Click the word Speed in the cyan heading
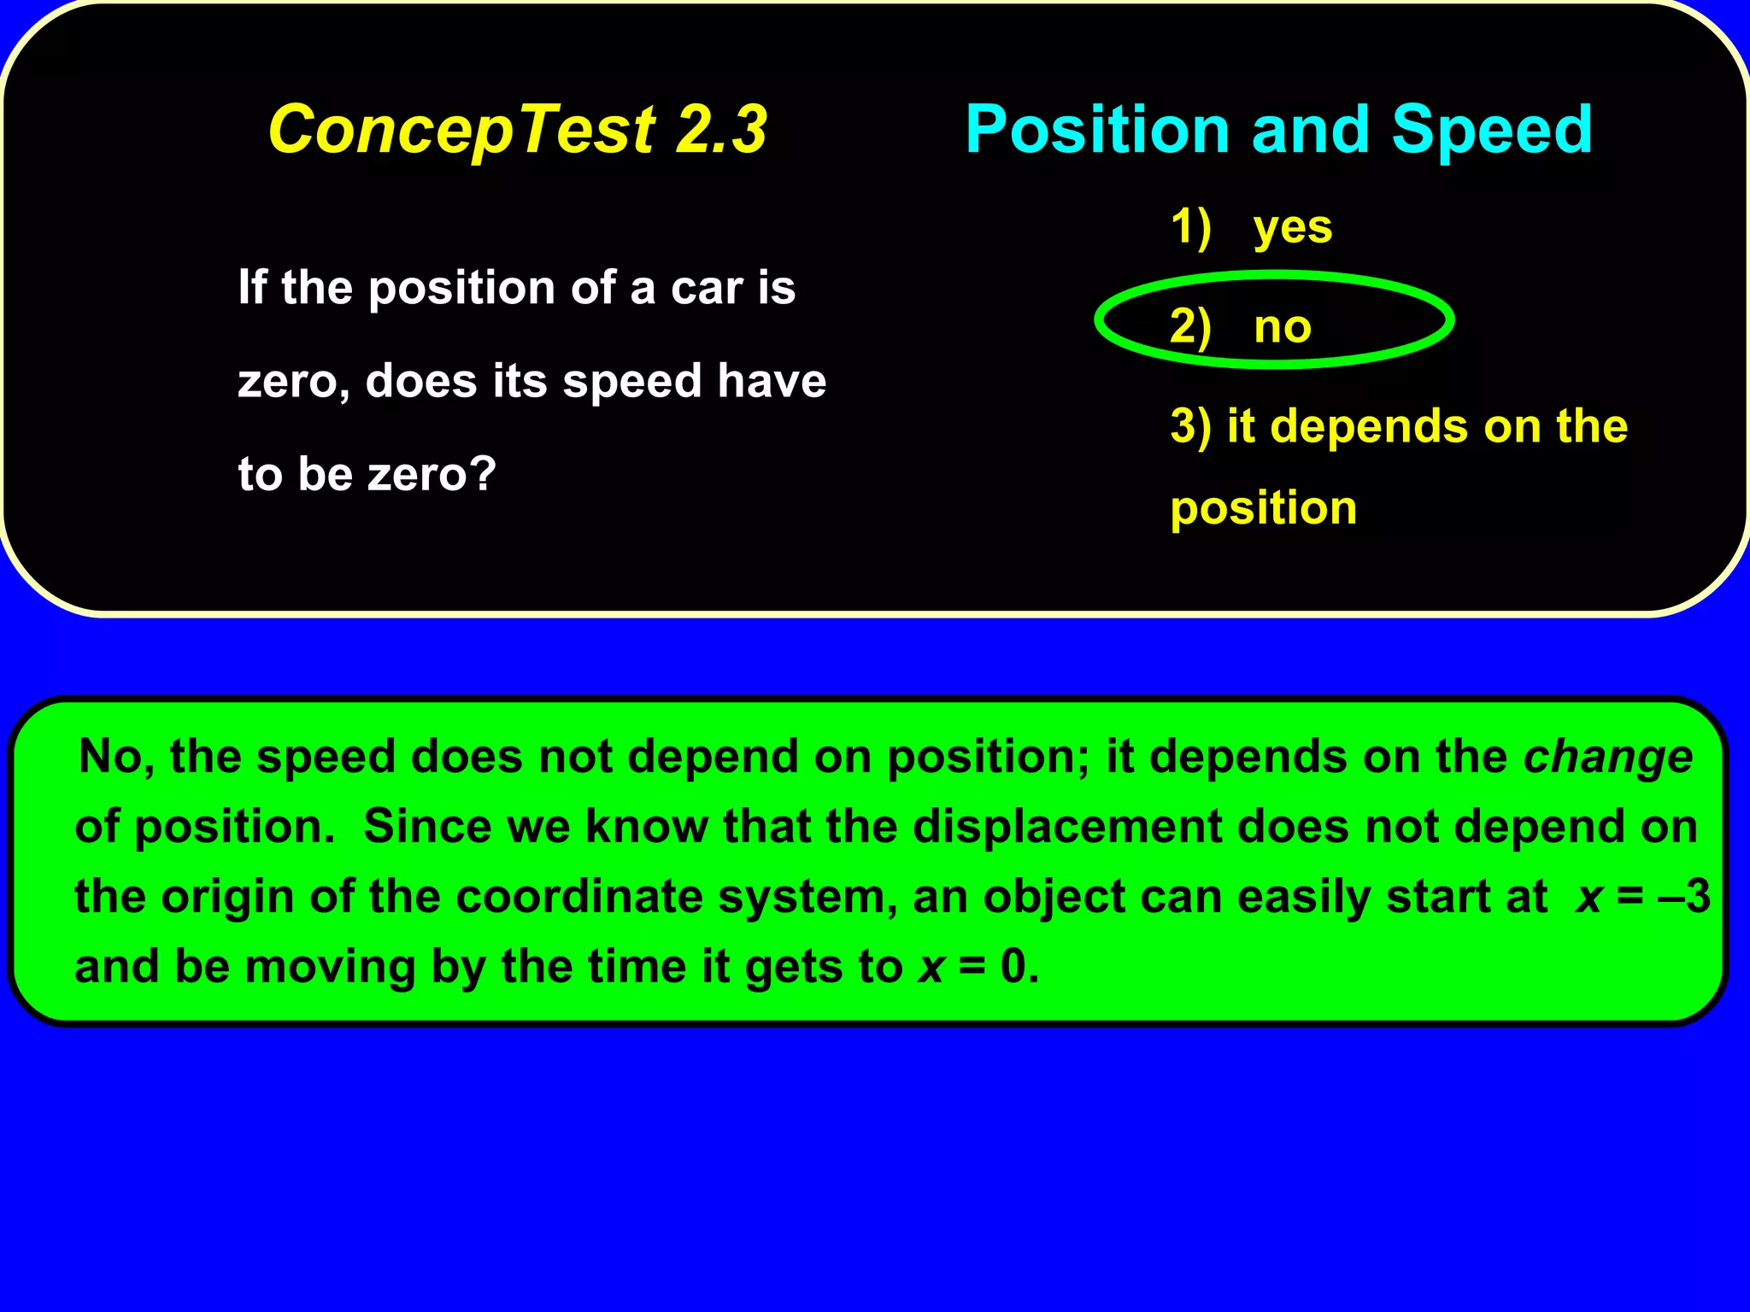1492,130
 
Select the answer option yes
1292,227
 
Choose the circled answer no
1282,326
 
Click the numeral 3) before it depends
1190,426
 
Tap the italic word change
1607,758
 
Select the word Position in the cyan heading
1097,130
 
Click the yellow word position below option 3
1263,508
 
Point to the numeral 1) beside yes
1190,227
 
